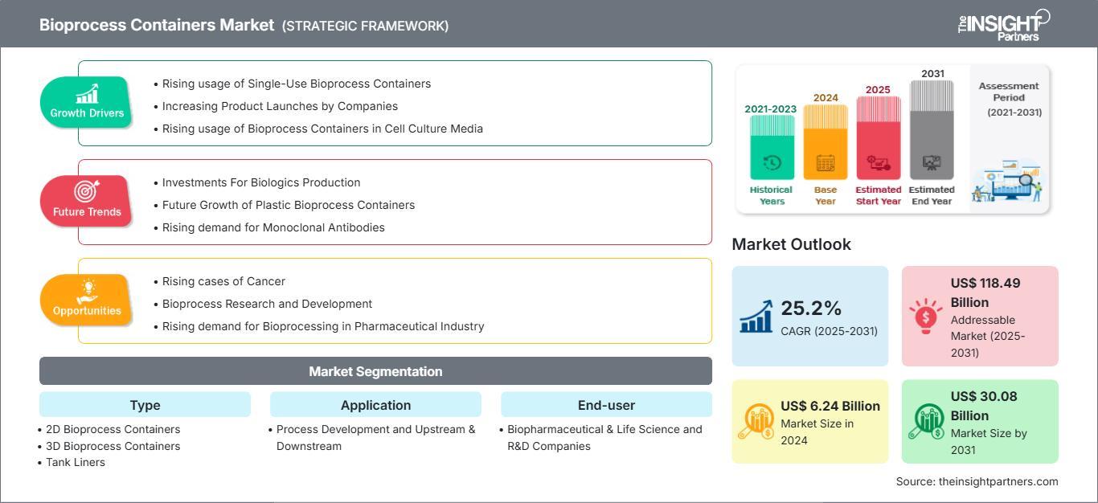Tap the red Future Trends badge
click(x=86, y=201)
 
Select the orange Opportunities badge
click(x=86, y=300)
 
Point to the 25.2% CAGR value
click(x=811, y=309)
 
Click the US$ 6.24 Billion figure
click(x=830, y=407)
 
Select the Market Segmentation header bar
click(x=375, y=371)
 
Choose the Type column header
click(x=145, y=405)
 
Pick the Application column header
click(x=375, y=405)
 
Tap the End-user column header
click(x=606, y=405)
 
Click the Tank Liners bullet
click(x=75, y=463)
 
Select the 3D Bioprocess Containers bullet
click(x=113, y=446)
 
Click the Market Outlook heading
click(x=791, y=244)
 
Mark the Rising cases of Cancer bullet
click(x=223, y=281)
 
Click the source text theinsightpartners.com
click(x=977, y=481)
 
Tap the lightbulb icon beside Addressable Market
click(x=926, y=316)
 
